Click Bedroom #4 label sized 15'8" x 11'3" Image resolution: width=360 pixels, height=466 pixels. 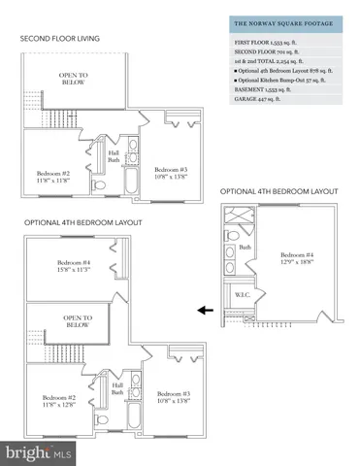tap(75, 268)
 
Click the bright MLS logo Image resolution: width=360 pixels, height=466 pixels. tap(33, 451)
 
